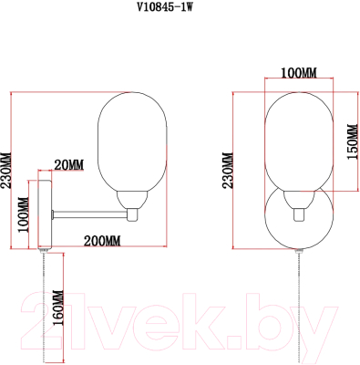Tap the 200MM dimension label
[x=100, y=240]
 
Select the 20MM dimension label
[x=68, y=164]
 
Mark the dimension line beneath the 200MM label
[x=100, y=248]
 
